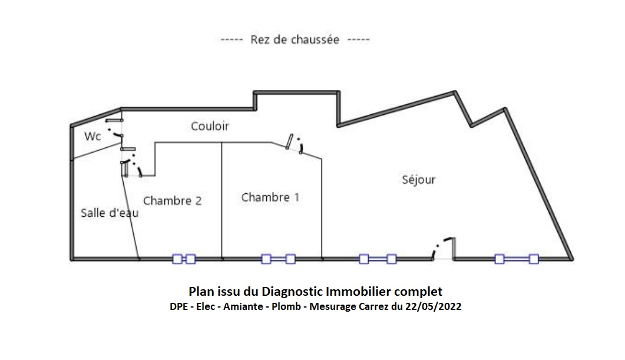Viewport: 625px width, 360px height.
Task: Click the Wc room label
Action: point(92,136)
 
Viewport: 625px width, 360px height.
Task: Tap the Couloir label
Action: point(210,126)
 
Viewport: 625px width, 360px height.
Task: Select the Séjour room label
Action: point(419,180)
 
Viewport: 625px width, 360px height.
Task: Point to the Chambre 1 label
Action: point(270,197)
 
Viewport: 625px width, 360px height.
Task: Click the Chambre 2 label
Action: point(172,201)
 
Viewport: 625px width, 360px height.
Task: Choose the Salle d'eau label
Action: point(110,213)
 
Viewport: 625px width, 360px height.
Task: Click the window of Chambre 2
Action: point(184,259)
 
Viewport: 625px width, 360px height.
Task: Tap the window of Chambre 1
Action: point(278,259)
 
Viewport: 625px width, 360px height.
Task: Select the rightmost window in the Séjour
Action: point(517,259)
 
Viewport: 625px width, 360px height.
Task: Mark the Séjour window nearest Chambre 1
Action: point(378,259)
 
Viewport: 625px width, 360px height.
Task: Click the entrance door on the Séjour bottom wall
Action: point(444,248)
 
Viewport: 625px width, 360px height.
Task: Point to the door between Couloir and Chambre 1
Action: point(294,144)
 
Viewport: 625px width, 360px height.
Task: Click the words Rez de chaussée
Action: point(295,40)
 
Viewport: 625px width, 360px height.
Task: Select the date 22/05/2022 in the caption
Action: point(436,306)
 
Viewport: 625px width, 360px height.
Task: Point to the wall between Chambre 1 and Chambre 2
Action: point(221,200)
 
